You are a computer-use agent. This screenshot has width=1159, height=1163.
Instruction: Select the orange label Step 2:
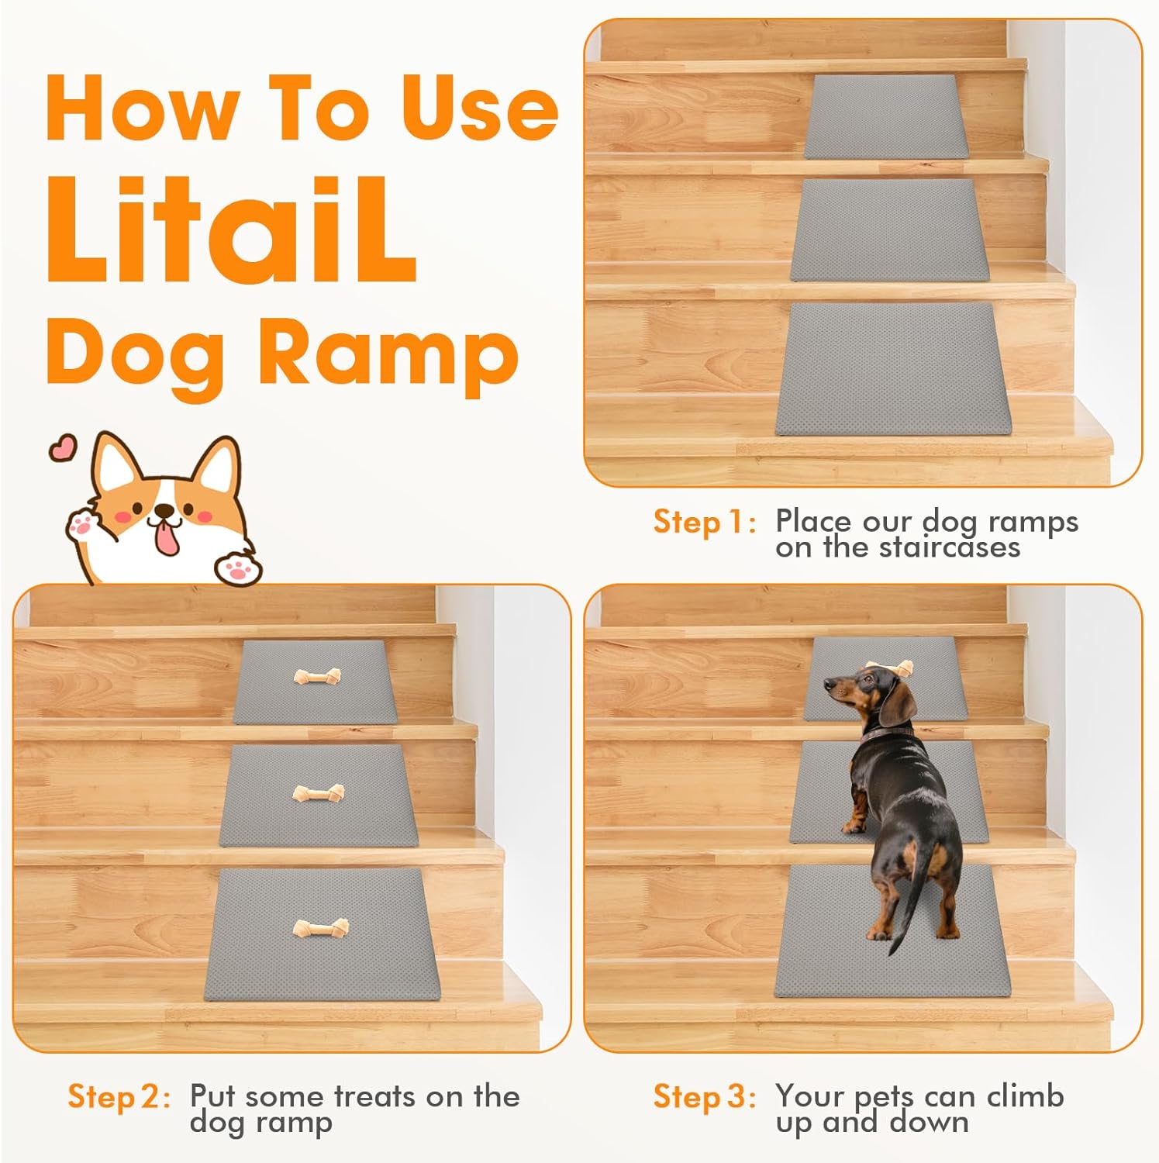tap(119, 1097)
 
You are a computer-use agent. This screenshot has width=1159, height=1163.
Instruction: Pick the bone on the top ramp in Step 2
tap(316, 677)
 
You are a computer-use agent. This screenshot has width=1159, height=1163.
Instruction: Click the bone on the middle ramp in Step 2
tap(319, 793)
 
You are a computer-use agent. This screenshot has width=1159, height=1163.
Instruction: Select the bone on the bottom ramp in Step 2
tap(321, 927)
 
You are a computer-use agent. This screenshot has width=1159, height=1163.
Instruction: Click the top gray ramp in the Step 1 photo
tap(885, 116)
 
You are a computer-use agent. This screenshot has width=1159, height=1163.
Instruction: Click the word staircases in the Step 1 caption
tap(950, 548)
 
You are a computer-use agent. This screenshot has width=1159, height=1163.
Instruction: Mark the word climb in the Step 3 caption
tap(1026, 1096)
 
